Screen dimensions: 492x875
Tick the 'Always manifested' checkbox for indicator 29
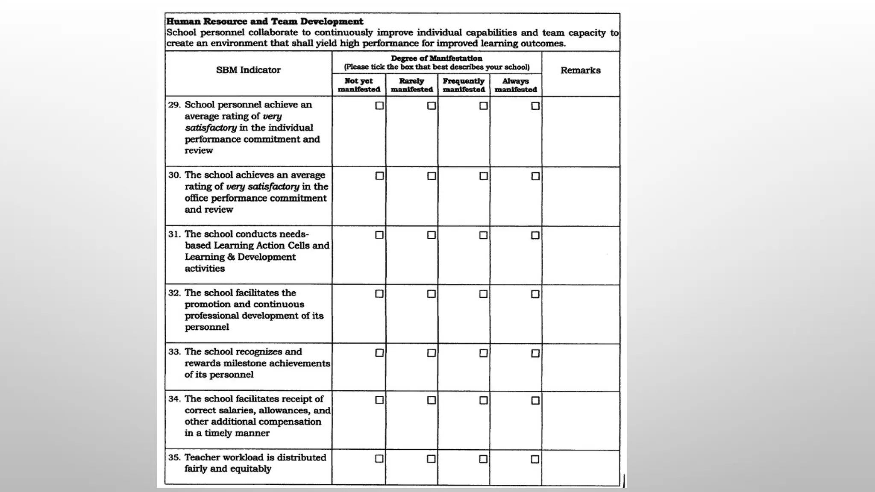tap(535, 106)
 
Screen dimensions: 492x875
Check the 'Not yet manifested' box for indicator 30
tap(379, 176)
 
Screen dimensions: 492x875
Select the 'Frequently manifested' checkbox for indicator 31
tap(483, 235)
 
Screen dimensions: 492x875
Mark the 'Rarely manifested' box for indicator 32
tap(432, 294)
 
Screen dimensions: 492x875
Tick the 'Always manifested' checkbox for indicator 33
tap(535, 353)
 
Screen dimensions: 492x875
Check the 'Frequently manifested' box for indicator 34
tap(483, 400)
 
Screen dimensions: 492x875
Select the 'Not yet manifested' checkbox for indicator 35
tap(379, 459)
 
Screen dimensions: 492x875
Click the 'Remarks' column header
tap(580, 70)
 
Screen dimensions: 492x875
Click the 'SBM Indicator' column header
tap(248, 70)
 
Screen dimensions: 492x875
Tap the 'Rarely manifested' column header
tap(411, 85)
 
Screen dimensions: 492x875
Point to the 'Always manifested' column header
tap(516, 85)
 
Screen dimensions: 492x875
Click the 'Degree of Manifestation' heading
tap(436, 59)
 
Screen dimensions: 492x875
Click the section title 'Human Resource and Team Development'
tap(264, 21)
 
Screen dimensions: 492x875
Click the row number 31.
tap(174, 234)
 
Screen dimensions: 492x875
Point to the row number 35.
tap(174, 457)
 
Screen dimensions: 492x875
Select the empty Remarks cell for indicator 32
tap(580, 314)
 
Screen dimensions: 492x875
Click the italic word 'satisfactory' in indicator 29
tap(211, 128)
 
